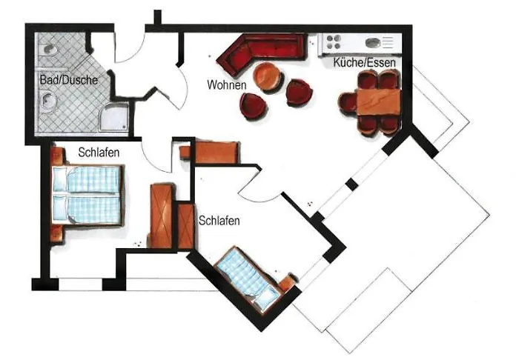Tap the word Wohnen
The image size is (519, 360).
(226, 84)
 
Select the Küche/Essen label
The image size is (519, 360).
(364, 64)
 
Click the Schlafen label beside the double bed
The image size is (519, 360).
(99, 152)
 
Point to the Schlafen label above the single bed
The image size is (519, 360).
(219, 220)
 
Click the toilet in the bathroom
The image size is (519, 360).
(48, 50)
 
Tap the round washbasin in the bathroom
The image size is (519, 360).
(47, 101)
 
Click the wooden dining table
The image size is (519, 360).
(377, 101)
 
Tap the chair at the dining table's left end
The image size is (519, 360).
(347, 102)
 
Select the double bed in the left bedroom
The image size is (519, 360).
(87, 194)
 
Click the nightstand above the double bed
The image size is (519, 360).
(56, 156)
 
